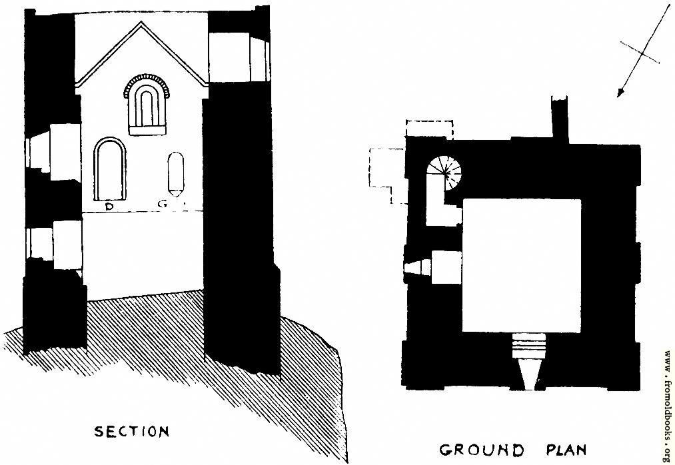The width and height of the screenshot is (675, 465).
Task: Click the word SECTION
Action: coord(132,432)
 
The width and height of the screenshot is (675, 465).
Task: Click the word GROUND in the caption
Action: coord(482,450)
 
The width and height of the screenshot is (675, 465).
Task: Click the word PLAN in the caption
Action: coord(566,450)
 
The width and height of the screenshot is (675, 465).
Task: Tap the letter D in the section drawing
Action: coord(109,207)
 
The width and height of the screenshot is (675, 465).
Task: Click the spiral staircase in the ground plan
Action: coord(444,173)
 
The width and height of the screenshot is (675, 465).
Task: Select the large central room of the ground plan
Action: coord(522,265)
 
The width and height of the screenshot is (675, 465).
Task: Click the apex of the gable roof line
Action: coord(141,22)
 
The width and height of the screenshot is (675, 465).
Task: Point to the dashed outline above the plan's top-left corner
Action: coord(429,129)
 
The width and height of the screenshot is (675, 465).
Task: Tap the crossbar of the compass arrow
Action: coord(640,53)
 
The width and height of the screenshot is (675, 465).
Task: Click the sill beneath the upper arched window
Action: coord(147,131)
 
